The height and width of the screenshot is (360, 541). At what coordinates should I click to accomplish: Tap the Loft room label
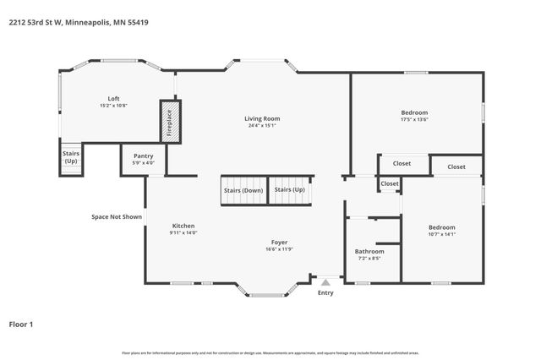[113, 99]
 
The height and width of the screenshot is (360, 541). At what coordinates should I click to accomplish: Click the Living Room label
[262, 118]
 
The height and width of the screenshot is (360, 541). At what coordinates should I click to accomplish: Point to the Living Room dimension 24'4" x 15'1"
[262, 126]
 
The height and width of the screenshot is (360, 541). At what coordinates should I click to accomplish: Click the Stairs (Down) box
[243, 190]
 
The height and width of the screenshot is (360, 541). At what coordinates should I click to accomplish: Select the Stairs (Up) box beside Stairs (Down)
[290, 190]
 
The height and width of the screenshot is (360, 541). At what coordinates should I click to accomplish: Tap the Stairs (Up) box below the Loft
[71, 156]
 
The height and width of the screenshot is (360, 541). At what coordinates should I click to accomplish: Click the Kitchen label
[183, 226]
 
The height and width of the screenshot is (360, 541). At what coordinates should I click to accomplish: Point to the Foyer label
[279, 242]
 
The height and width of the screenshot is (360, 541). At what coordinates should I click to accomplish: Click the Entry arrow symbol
[325, 281]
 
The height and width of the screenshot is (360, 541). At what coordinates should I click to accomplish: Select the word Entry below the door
[325, 293]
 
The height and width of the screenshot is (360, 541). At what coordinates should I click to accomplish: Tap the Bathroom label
[369, 251]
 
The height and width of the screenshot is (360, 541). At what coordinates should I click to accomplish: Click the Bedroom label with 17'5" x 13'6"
[414, 112]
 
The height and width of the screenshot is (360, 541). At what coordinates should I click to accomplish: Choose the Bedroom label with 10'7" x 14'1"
[441, 227]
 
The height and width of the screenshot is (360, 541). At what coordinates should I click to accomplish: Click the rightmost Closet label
[456, 166]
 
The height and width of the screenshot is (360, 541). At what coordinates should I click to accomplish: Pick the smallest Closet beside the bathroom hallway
[390, 183]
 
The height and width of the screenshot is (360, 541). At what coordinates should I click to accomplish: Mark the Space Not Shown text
[117, 216]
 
